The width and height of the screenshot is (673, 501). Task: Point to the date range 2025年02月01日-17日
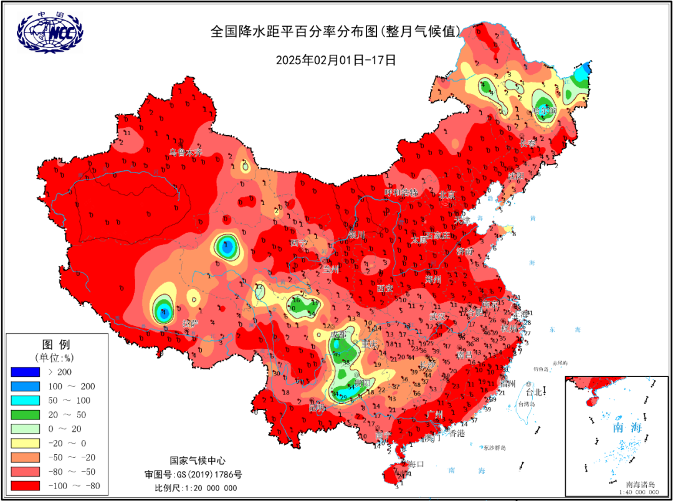(336, 60)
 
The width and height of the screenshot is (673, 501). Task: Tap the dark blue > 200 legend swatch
(29, 372)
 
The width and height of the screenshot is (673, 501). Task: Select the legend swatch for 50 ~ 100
(29, 401)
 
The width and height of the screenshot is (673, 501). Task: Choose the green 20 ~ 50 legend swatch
(29, 415)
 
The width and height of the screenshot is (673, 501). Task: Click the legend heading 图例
(55, 345)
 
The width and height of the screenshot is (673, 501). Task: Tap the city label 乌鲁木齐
(186, 152)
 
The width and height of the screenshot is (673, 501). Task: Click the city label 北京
(447, 195)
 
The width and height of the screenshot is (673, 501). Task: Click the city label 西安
(385, 288)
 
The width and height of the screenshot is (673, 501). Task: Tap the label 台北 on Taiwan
(535, 393)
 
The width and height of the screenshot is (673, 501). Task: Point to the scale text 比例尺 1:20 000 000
(196, 488)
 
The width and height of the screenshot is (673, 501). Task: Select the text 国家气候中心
(196, 460)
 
